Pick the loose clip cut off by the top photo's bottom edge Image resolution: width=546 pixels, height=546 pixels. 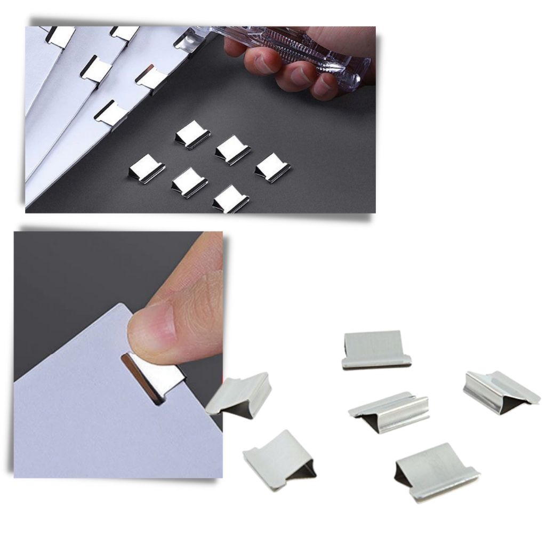pyautogui.click(x=229, y=199)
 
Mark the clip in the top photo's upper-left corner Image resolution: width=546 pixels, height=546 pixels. pyautogui.click(x=59, y=34)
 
